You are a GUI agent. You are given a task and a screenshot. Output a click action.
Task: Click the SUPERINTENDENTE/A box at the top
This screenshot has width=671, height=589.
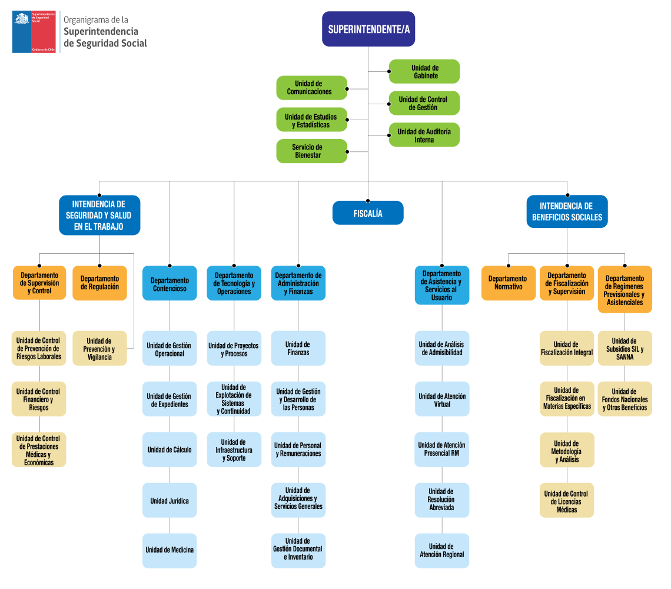pos(368,29)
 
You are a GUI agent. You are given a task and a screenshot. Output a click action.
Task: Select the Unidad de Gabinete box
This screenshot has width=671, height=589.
pos(424,72)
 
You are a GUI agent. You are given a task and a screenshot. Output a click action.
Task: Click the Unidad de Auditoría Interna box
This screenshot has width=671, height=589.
pos(424,135)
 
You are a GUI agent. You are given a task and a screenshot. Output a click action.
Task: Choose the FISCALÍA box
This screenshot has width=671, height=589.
pos(368,213)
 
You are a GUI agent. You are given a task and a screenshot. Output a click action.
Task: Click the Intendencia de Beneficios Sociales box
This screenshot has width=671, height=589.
pos(567,212)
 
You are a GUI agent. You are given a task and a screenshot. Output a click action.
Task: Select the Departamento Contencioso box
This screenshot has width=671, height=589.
pos(170,284)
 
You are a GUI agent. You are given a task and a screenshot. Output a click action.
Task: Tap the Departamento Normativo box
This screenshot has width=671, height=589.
pos(508,283)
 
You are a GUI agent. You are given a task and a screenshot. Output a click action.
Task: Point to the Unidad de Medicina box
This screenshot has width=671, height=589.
pos(170,550)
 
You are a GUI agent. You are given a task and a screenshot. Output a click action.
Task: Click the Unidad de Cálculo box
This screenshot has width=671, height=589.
pos(170,450)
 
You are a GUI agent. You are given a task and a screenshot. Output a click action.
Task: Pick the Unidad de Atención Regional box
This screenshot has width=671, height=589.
pos(442,550)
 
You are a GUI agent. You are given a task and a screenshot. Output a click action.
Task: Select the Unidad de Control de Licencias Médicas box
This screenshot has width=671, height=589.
pos(567,501)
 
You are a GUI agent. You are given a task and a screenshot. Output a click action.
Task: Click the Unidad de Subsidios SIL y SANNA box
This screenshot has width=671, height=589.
pos(625,349)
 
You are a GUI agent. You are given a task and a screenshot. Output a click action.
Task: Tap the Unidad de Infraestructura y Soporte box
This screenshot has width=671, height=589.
pos(234,450)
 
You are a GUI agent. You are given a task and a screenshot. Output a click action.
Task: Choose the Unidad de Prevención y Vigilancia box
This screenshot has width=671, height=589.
pos(99,349)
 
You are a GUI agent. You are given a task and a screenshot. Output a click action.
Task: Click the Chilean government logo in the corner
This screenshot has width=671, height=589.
pos(35,32)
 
